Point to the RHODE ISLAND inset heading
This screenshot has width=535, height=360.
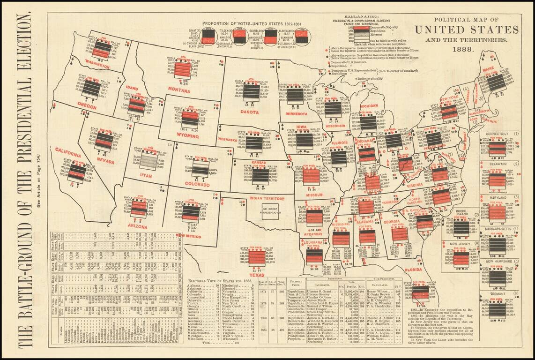[461, 213]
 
